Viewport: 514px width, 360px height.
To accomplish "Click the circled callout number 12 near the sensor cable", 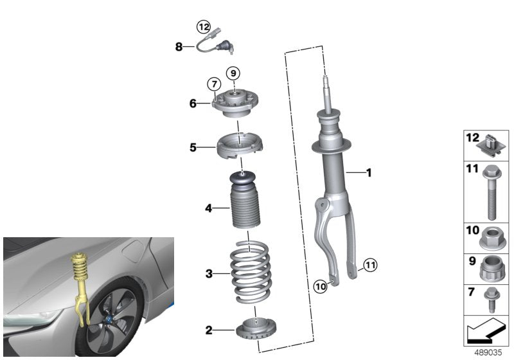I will tap(203, 26).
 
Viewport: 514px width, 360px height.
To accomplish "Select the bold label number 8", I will tap(179, 46).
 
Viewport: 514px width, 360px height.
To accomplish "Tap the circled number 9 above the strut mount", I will tap(233, 72).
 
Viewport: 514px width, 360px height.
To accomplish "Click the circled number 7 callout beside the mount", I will tap(213, 84).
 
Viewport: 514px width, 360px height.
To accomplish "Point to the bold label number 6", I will tap(192, 103).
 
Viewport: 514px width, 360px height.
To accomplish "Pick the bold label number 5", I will tap(192, 147).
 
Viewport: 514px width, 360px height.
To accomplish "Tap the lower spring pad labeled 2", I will tap(255, 330).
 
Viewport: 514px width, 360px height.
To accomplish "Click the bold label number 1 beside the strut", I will tap(368, 172).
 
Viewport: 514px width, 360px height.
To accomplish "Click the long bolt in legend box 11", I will tap(492, 193).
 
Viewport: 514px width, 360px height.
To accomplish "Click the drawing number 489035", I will tap(489, 352).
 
